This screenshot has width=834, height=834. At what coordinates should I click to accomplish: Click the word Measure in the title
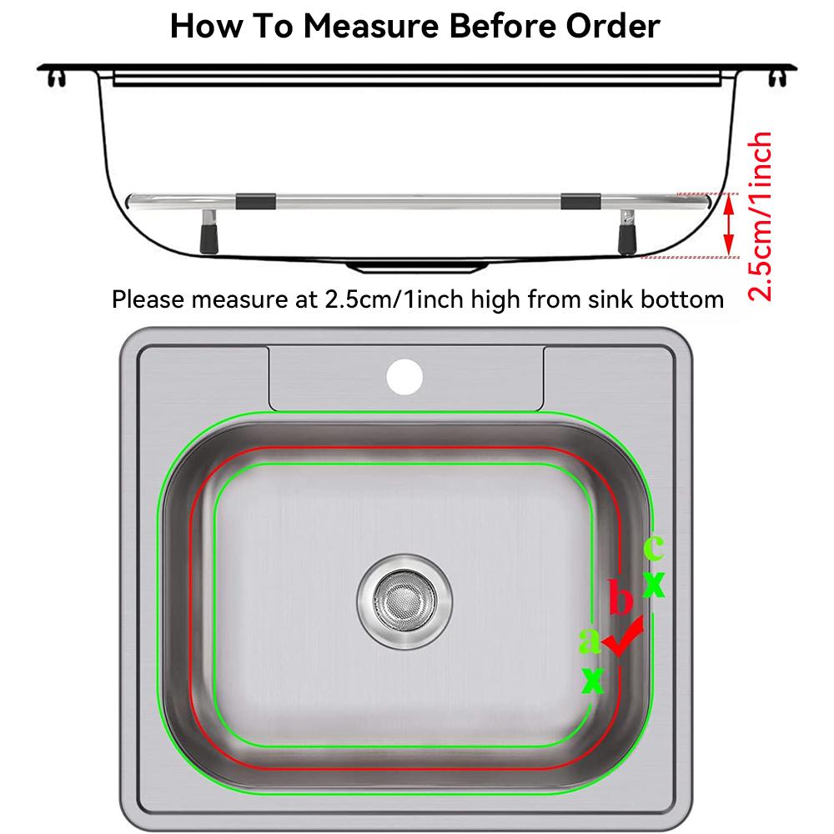click(x=371, y=26)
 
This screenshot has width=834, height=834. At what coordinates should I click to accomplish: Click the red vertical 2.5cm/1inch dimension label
click(x=759, y=217)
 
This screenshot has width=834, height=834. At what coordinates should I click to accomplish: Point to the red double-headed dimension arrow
click(x=730, y=225)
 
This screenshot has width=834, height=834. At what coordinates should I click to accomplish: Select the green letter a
click(x=590, y=640)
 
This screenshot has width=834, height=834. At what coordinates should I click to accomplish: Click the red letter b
click(x=620, y=597)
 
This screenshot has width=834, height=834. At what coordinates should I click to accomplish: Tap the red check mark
click(x=623, y=636)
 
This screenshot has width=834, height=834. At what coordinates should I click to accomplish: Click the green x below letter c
click(x=654, y=585)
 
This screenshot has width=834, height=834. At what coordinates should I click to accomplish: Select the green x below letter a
click(x=593, y=681)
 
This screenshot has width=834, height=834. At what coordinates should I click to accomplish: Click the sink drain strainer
click(x=404, y=601)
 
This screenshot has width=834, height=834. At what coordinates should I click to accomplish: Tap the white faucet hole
click(x=404, y=377)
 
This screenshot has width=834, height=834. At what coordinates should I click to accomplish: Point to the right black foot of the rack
click(x=627, y=239)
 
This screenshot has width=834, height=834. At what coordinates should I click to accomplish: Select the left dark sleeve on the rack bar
click(x=256, y=202)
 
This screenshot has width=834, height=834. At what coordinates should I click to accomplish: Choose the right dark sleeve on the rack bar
click(x=580, y=202)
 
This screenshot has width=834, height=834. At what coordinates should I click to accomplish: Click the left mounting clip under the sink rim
click(x=57, y=78)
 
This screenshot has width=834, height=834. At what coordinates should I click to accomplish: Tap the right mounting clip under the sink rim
click(x=777, y=78)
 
